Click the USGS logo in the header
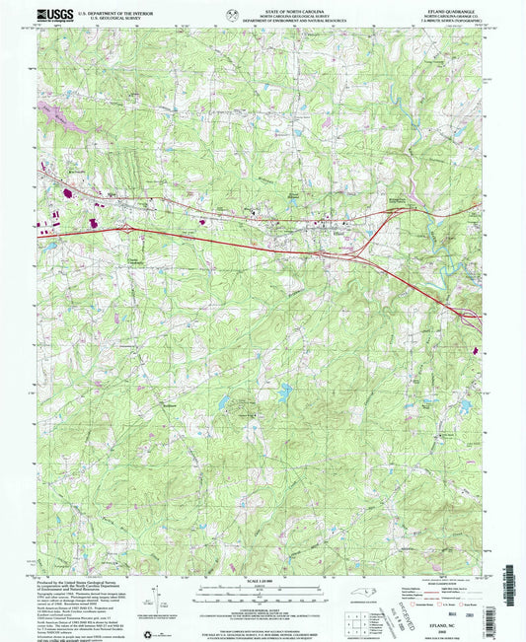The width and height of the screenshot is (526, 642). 48,15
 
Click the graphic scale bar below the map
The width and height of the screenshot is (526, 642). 263,586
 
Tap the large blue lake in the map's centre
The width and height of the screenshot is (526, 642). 284,392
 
